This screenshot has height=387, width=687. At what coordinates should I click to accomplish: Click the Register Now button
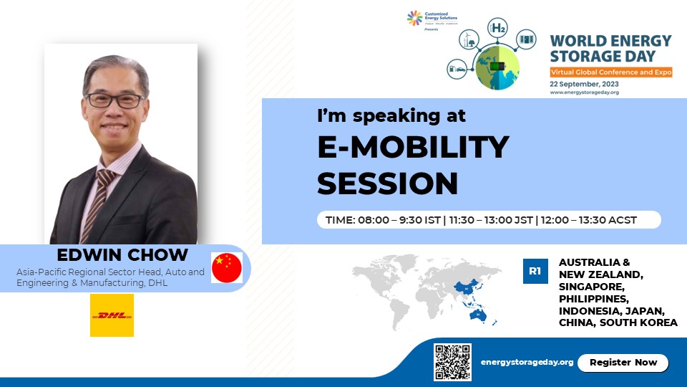coord(623,363)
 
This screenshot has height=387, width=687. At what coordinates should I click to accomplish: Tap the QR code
coord(452,362)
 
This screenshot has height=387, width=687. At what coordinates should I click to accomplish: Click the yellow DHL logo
coord(112,315)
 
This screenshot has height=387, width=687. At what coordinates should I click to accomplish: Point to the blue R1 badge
coord(535,271)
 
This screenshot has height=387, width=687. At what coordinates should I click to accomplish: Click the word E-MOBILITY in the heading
coord(413,148)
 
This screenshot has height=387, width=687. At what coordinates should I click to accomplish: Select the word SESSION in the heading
coord(387,183)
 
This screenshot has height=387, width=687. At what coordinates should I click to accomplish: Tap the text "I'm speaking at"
coord(391,115)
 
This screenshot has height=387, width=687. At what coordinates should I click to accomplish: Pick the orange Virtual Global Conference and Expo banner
coord(610,72)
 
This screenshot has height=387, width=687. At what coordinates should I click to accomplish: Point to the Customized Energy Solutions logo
coord(433,19)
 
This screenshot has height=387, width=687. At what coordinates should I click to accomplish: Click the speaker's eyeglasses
coord(116,100)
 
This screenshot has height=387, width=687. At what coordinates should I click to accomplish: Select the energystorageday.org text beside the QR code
coord(527,363)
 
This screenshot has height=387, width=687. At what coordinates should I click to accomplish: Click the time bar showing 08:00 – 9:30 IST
coord(489,219)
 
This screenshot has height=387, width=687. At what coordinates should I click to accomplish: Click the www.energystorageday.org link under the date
coord(584,92)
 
